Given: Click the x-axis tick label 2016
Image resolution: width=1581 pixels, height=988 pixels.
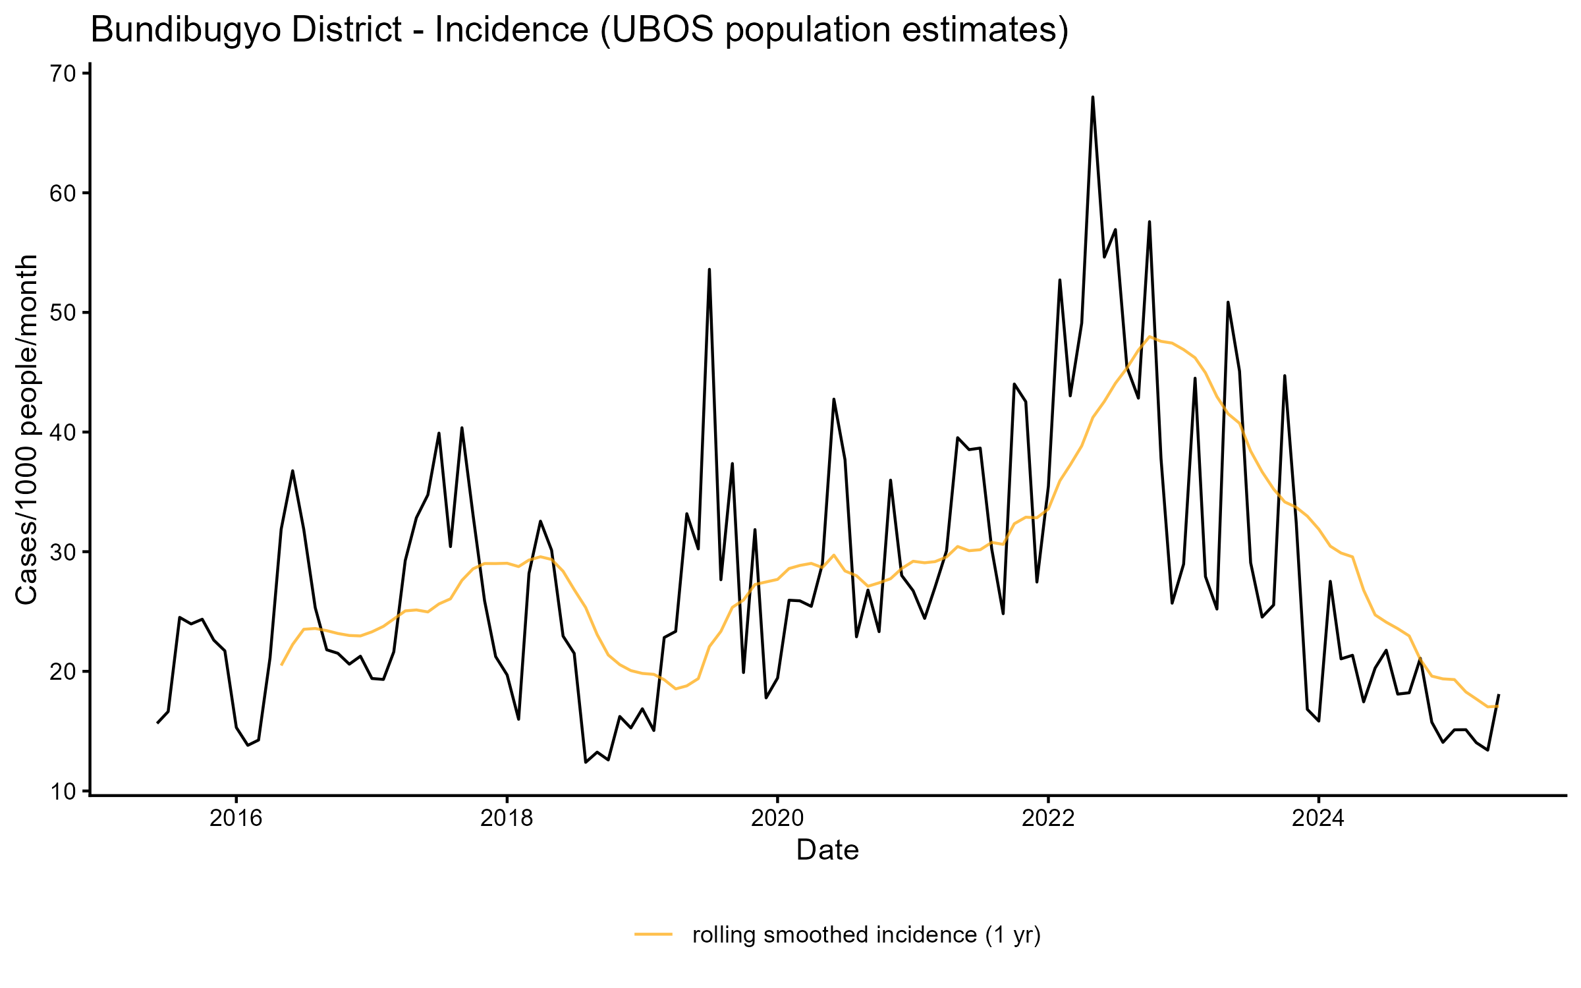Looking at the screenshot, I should [x=236, y=819].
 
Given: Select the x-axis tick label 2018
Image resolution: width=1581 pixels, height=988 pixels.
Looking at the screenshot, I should [x=507, y=819].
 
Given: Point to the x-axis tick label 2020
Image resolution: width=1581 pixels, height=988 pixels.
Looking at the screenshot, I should [x=777, y=819].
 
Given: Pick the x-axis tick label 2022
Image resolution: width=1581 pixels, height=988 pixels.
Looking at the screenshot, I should [x=1048, y=819].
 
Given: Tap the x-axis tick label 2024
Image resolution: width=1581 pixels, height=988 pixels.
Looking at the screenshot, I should [x=1318, y=819].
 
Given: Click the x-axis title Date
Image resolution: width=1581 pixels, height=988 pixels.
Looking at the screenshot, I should [x=827, y=850].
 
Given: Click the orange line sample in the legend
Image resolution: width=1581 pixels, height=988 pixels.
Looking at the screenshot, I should [x=653, y=934].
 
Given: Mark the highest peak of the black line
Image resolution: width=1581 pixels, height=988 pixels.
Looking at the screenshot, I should [x=1093, y=97].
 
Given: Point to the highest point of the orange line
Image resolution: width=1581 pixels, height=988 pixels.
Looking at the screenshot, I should [x=1150, y=337].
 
